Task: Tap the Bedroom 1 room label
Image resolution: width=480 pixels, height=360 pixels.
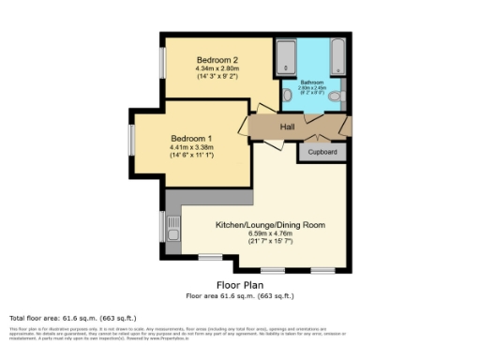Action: tap(190, 139)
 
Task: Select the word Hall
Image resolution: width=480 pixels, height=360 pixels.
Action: tap(288, 126)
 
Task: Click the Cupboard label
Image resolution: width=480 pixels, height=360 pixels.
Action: tap(323, 151)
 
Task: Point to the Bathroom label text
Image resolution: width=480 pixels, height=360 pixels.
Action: tap(311, 83)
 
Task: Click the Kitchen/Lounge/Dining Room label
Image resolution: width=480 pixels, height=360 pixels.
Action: tap(270, 225)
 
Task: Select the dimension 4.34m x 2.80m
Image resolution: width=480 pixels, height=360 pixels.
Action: tap(217, 68)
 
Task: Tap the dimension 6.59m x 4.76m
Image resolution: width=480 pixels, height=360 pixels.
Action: tap(270, 233)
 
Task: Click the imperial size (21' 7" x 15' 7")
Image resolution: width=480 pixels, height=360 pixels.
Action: tap(270, 241)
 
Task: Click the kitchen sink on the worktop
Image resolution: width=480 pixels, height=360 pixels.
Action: tap(173, 226)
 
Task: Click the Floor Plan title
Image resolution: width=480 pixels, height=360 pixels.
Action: tap(239, 284)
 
